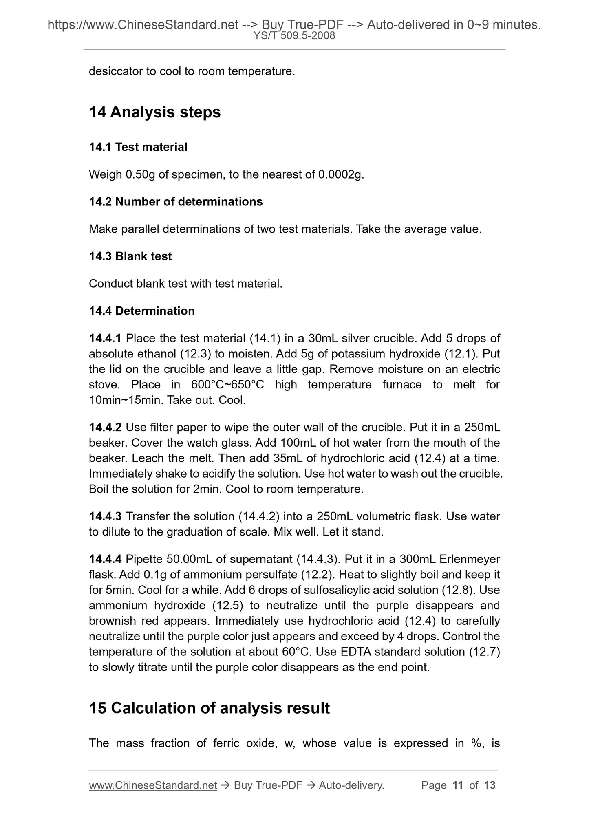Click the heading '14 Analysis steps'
click(154, 112)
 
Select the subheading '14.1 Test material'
click(138, 147)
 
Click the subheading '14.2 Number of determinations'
click(176, 202)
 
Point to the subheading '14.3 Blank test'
click(130, 256)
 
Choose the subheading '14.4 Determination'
click(141, 311)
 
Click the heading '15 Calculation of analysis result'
click(209, 708)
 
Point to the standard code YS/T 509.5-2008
click(294, 36)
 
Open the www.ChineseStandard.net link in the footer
click(153, 785)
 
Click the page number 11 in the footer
click(458, 785)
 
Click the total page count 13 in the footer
click(490, 785)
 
